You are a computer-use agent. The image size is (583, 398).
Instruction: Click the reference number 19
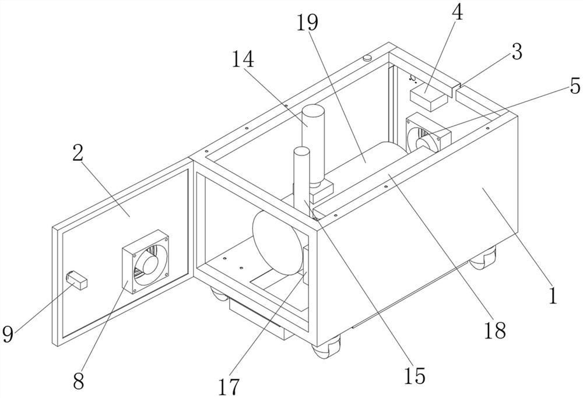(x=308, y=23)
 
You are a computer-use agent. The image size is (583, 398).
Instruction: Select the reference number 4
(x=458, y=13)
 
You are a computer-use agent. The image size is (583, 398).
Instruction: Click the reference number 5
(x=574, y=86)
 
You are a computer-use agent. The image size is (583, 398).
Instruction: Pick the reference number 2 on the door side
(x=78, y=154)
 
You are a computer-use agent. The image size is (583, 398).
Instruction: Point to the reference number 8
(x=78, y=382)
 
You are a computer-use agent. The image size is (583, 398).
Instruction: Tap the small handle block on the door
(x=78, y=279)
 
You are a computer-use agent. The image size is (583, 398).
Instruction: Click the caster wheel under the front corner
(x=322, y=350)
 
